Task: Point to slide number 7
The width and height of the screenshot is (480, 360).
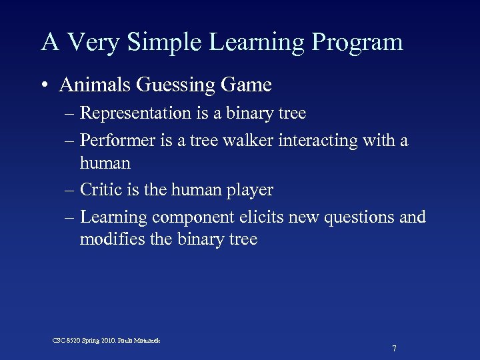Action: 395,349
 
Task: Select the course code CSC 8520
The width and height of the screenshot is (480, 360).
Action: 68,341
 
